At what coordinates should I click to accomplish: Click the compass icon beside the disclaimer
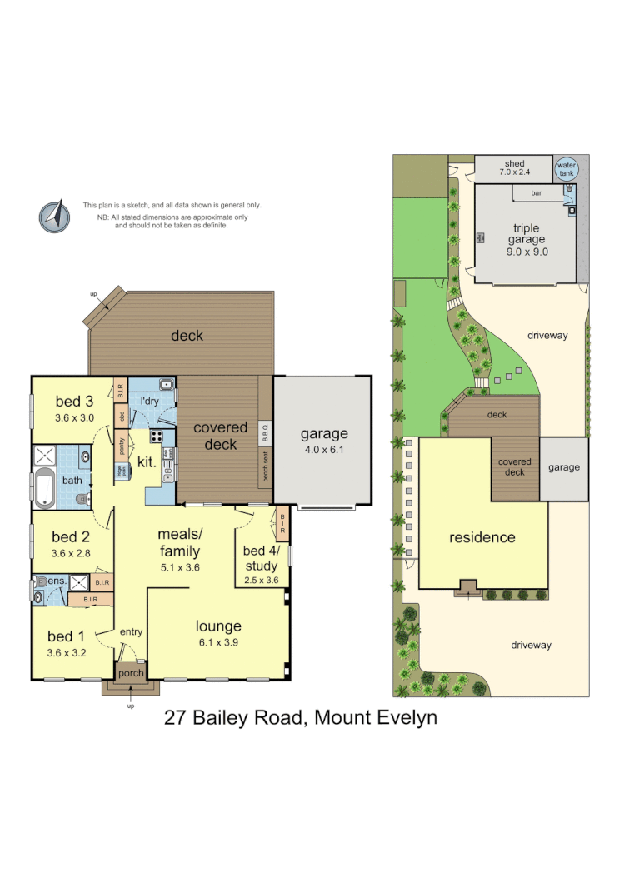54,216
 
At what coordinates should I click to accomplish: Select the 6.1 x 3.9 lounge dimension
218,643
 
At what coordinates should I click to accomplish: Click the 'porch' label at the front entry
131,673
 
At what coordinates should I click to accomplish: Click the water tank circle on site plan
567,169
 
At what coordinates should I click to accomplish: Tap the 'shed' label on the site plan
514,163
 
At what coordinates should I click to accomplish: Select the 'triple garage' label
526,234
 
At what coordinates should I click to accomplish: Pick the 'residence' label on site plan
482,537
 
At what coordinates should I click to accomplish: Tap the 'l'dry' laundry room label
149,402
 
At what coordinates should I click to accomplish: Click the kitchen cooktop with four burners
156,436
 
